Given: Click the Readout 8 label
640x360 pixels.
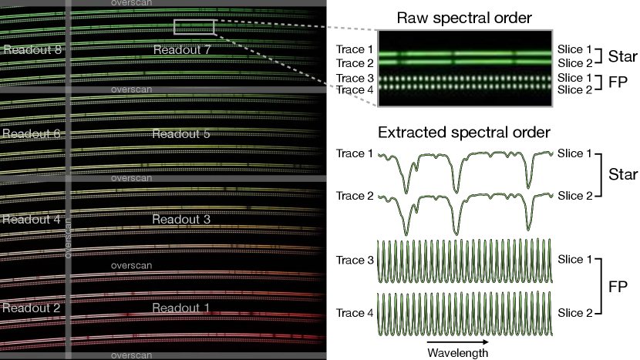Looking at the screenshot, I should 31,50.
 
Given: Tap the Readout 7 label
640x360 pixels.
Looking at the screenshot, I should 181,50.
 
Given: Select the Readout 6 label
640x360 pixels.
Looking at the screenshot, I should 31,133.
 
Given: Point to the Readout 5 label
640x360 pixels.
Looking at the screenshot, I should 181,133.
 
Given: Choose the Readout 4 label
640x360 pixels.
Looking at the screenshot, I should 31,219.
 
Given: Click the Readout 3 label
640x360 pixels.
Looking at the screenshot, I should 181,219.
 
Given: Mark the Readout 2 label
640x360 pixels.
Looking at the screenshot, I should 31,307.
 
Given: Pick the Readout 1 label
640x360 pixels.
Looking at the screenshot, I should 181,307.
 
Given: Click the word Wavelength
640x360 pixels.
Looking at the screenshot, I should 458,352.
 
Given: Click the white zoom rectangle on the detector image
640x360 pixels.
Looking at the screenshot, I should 194,27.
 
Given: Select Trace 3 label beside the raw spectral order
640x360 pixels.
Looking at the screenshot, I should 354,79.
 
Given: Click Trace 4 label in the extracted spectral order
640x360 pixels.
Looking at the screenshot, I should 355,313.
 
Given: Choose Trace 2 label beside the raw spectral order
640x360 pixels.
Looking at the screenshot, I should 354,62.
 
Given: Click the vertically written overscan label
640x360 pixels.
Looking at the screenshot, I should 69,235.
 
